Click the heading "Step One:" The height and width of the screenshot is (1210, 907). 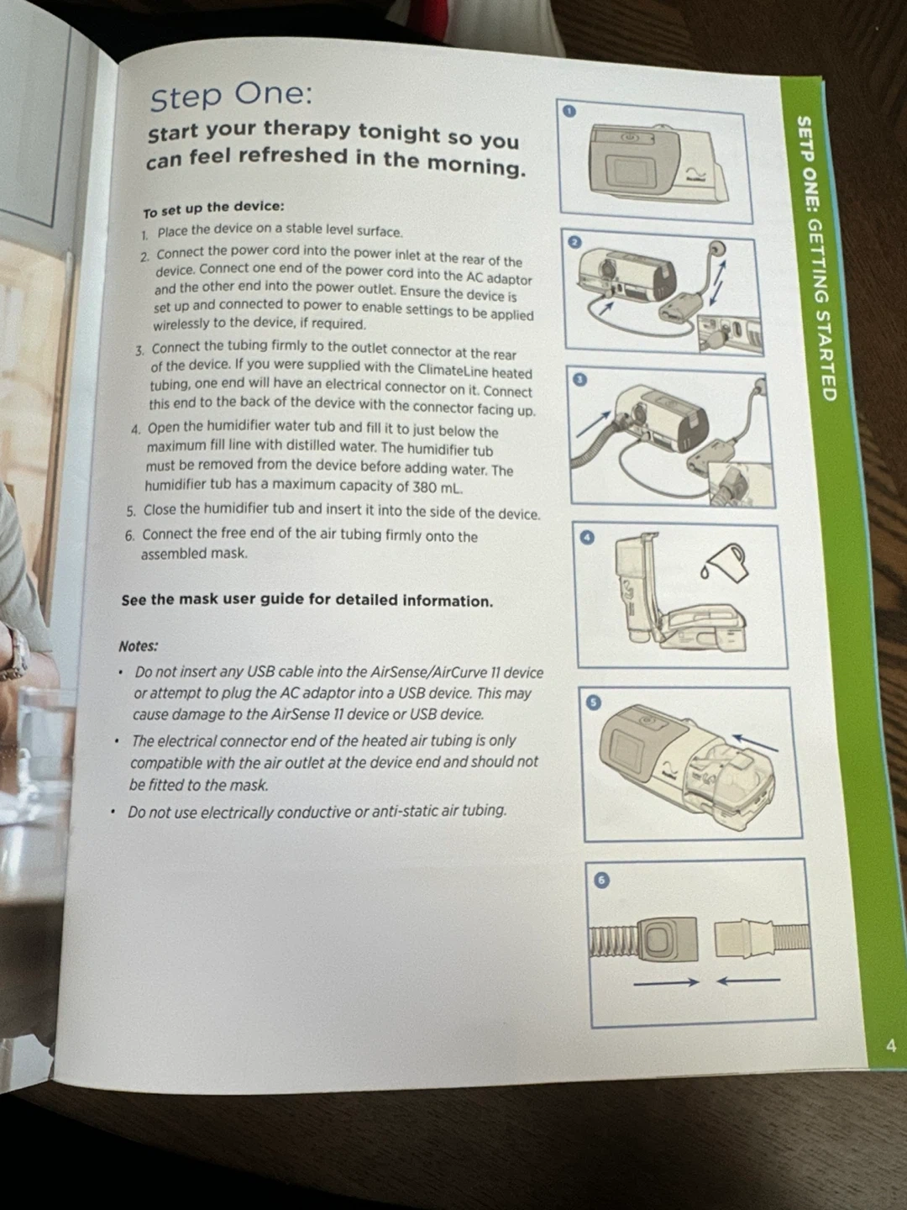pyautogui.click(x=231, y=97)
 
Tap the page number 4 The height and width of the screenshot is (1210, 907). pyautogui.click(x=890, y=1045)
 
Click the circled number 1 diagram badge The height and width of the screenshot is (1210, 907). pyautogui.click(x=569, y=112)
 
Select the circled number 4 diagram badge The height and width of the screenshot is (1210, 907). pyautogui.click(x=588, y=538)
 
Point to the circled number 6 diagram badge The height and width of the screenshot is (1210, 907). pyautogui.click(x=600, y=881)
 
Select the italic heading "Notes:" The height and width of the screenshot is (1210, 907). pyautogui.click(x=139, y=646)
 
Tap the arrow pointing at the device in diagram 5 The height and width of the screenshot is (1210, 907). pyautogui.click(x=755, y=741)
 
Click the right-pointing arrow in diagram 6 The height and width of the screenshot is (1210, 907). pyautogui.click(x=666, y=981)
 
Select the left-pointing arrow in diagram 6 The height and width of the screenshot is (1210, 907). pyautogui.click(x=748, y=981)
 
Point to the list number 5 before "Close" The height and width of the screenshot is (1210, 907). pyautogui.click(x=130, y=512)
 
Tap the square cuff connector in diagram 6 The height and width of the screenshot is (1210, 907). pyautogui.click(x=668, y=939)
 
